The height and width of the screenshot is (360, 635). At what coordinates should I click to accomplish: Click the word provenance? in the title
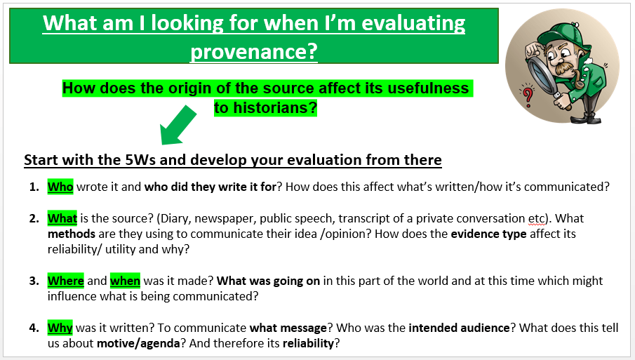[x=254, y=51]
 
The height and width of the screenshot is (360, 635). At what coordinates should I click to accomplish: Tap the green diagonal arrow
[x=178, y=125]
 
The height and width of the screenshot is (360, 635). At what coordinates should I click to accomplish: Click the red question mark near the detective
[x=528, y=96]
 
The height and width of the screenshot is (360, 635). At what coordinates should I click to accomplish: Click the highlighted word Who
[x=60, y=187]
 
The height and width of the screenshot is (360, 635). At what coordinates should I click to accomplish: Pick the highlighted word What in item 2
[x=62, y=218]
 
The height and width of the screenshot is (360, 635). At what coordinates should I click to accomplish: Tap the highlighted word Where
[x=66, y=281]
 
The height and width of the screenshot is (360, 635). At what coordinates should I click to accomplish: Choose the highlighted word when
[x=125, y=281]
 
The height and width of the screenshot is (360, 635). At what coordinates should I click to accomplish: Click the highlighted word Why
[x=60, y=328]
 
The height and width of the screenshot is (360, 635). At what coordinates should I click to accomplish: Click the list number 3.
[x=34, y=281]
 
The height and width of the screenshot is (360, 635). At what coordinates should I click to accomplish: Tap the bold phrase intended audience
[x=459, y=328]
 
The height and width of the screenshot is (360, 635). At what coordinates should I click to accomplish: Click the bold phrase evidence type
[x=488, y=234]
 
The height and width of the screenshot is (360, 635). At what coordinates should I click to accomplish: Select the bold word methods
[x=72, y=234]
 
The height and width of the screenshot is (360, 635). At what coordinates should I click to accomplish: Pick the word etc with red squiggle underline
[x=537, y=219]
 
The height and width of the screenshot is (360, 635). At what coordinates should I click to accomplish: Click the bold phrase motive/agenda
[x=138, y=343]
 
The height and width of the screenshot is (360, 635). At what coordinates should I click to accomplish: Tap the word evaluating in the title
[x=413, y=23]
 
